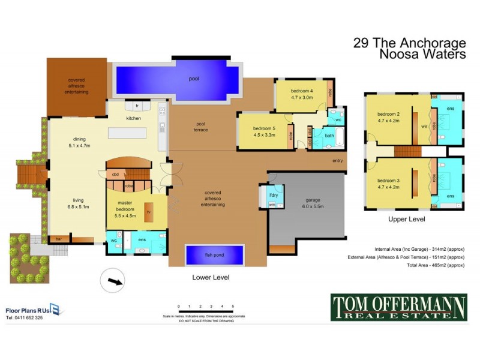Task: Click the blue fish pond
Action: tap(215, 255)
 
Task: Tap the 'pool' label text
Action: tap(193, 79)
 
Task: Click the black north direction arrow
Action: tap(113, 280)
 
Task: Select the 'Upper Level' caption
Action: tap(406, 220)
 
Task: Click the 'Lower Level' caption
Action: tap(211, 278)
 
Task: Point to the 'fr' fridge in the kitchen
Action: tap(137, 106)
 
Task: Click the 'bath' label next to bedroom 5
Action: tap(329, 136)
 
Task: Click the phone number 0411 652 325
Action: tap(25, 317)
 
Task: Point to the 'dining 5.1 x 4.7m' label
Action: tap(79, 142)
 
